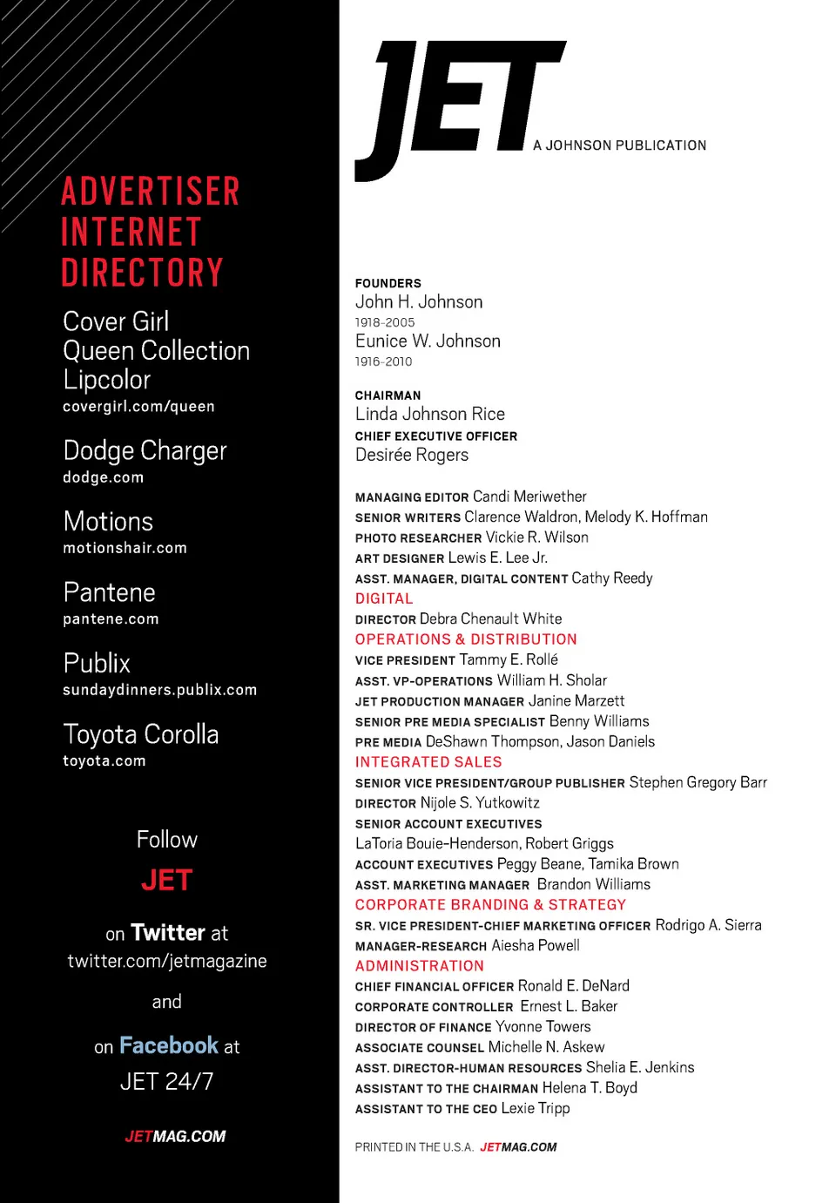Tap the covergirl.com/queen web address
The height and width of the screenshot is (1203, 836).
pos(138,407)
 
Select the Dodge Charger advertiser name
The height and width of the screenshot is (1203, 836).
pos(145,450)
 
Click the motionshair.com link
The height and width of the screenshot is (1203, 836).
pos(125,548)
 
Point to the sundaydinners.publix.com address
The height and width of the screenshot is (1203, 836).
pos(159,690)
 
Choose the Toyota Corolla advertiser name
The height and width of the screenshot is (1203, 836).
pos(141,734)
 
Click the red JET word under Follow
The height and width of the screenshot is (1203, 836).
pos(166,880)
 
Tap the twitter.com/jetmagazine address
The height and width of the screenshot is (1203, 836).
pos(167,961)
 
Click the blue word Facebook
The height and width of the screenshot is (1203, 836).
pos(169,1045)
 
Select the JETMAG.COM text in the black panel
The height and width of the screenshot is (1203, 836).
pos(175,1137)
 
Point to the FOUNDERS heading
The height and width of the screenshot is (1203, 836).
pos(388,283)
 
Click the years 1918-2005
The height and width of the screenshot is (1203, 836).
pos(385,322)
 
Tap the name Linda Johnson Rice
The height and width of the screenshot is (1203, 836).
pos(430,414)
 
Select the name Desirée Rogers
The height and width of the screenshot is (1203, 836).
pos(412,455)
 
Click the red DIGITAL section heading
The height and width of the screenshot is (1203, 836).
pos(384,598)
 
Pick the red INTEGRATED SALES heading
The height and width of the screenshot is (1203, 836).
pos(428,762)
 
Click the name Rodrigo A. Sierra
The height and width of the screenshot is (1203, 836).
pos(708,925)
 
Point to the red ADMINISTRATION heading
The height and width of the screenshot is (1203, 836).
pos(420,966)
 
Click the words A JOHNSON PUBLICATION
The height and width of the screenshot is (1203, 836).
pos(620,145)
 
